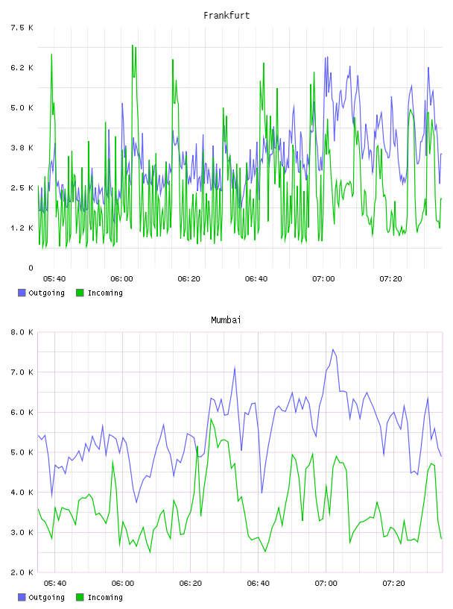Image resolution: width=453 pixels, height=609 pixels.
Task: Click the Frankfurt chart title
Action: (226, 16)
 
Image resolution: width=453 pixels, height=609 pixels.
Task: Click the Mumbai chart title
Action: (226, 320)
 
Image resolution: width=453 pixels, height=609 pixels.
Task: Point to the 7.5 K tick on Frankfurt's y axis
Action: (22, 28)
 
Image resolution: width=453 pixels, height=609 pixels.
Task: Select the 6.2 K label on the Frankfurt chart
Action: (22, 68)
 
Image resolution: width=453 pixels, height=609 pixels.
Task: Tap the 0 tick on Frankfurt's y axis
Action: (31, 268)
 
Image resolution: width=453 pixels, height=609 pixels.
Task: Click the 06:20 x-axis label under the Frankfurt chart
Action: (189, 279)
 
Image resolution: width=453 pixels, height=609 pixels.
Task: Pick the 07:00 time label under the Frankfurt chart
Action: (323, 279)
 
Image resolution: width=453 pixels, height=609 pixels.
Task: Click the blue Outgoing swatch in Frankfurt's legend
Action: (22, 293)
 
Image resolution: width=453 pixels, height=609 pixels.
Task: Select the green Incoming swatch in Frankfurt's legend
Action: (80, 293)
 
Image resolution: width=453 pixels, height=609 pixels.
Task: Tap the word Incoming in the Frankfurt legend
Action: (105, 293)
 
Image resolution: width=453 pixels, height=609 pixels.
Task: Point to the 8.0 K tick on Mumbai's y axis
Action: (22, 332)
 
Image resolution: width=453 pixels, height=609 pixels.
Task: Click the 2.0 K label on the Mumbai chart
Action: (22, 572)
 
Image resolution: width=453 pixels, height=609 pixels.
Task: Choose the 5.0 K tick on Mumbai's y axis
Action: (22, 452)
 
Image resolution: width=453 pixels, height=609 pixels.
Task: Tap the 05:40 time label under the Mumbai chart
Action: (54, 584)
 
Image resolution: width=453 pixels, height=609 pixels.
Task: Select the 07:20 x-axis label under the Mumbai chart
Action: (393, 584)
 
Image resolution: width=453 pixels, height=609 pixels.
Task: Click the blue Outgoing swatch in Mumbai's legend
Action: (22, 597)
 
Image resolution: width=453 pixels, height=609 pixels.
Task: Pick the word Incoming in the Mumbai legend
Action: (105, 598)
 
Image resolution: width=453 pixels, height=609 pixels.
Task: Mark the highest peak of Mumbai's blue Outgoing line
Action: (333, 349)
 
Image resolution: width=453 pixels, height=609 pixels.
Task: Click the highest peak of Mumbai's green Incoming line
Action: (211, 419)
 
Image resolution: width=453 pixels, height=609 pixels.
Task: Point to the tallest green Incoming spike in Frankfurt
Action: (133, 45)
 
